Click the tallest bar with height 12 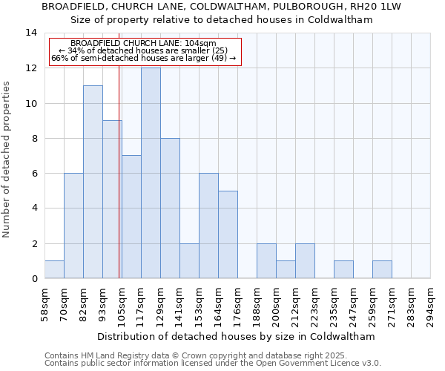(151, 173)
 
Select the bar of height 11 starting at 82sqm (93, 182)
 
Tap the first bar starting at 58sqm (54, 269)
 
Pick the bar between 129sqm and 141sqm (170, 208)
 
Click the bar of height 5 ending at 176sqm (228, 234)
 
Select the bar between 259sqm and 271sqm (382, 269)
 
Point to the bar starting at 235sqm (343, 269)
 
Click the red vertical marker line (119, 185)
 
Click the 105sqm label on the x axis (122, 304)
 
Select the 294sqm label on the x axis (430, 304)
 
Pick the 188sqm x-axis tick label (257, 304)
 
